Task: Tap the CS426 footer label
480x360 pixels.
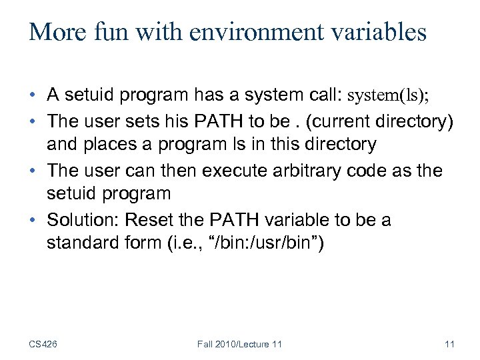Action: (x=43, y=344)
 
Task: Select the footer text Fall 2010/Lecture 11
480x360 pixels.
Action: (x=239, y=344)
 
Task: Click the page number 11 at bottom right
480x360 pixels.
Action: (x=449, y=344)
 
